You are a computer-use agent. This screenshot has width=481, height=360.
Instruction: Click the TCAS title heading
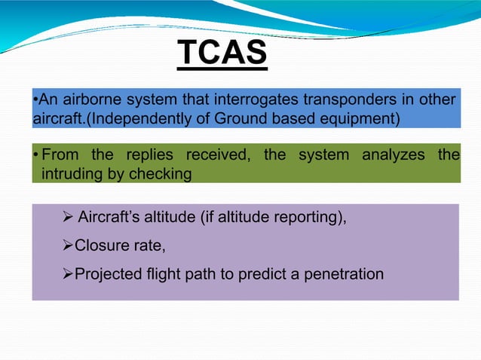click(222, 53)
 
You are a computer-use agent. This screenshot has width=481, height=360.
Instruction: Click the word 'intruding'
click(62, 174)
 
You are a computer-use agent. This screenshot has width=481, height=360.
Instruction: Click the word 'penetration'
click(343, 273)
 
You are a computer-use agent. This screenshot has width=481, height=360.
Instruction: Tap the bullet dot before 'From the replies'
click(35, 155)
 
